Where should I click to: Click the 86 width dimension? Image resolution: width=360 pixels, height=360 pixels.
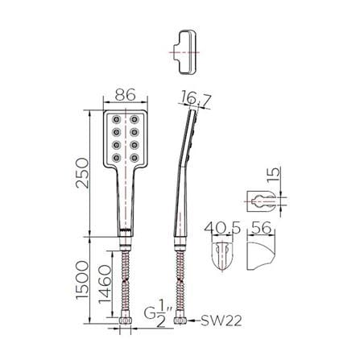(125, 94)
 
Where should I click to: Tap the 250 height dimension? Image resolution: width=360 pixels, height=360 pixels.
(82, 173)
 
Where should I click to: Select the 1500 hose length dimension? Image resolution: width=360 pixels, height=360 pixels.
(82, 279)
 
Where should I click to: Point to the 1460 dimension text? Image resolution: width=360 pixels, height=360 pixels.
(105, 284)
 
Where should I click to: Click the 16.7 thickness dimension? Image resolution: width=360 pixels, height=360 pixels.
(196, 98)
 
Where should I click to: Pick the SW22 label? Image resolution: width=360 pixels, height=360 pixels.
(221, 321)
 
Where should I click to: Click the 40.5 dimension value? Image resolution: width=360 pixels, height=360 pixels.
(222, 228)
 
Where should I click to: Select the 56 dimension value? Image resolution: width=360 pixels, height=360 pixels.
(261, 228)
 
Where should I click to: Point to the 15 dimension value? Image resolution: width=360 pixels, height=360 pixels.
(275, 175)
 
